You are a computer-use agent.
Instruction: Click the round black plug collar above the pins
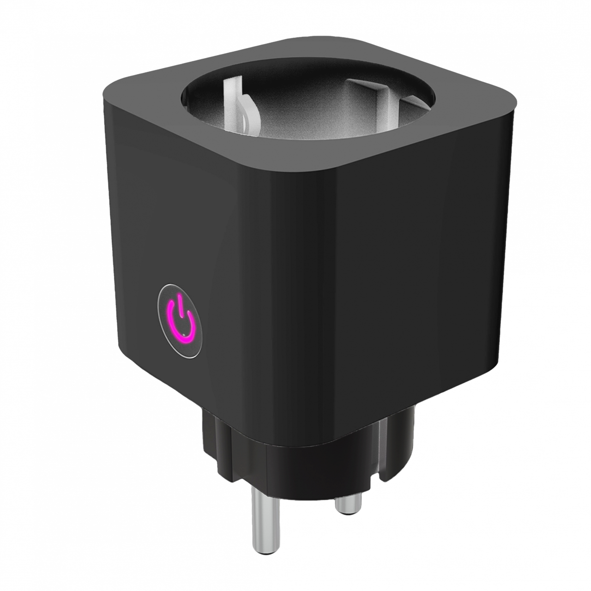300,457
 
